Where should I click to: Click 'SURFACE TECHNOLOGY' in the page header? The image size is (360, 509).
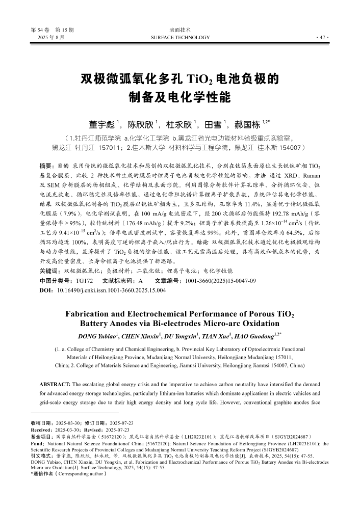coord(181,38)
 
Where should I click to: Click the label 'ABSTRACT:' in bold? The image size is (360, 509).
coord(55,383)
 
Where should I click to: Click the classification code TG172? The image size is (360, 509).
coord(85,281)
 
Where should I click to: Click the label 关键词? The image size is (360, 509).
coord(50,271)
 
